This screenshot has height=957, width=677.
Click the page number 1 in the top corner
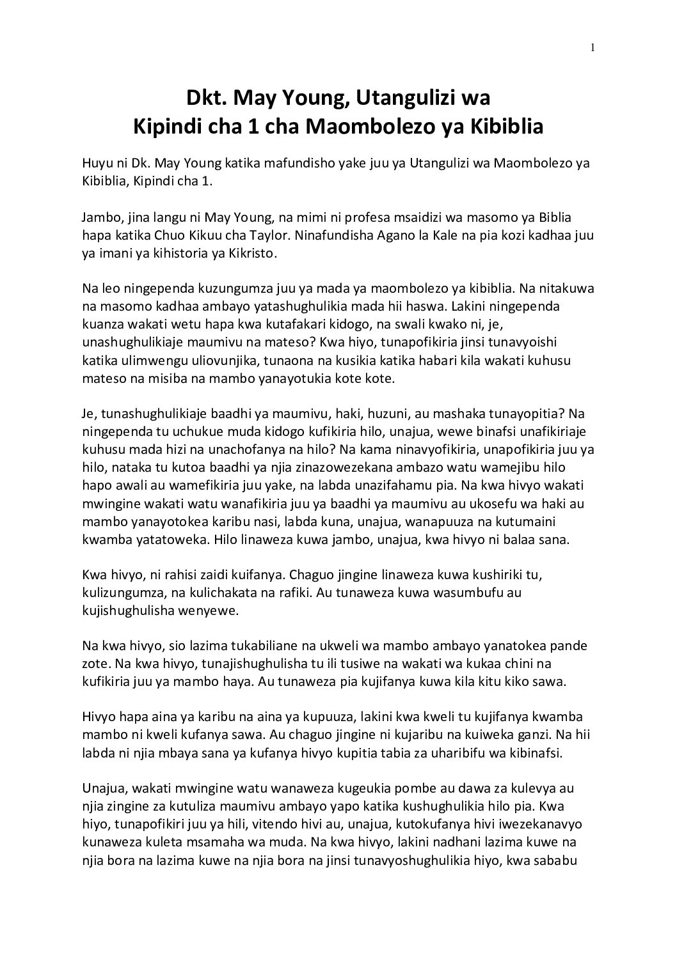click(x=593, y=47)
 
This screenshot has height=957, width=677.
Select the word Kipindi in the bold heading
click(x=164, y=127)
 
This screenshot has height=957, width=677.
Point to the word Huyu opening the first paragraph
click(x=96, y=164)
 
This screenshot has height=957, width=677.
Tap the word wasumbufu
click(x=472, y=593)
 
